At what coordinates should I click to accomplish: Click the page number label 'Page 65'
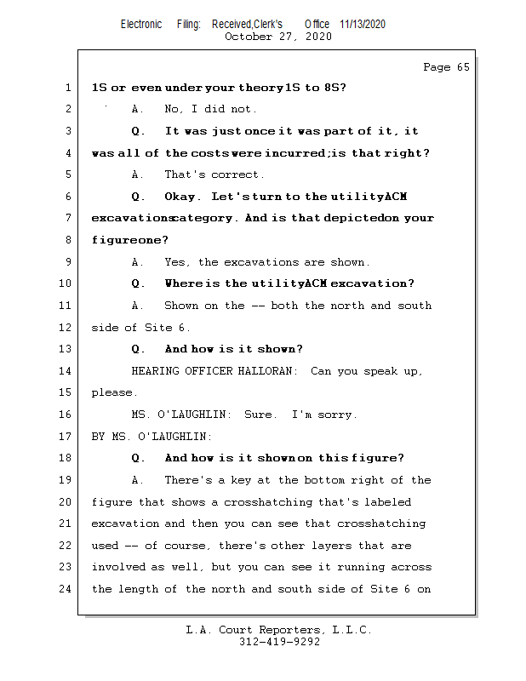pos(446,67)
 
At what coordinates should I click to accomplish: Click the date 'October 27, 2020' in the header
pos(278,37)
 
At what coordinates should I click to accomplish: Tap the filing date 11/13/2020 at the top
pos(362,24)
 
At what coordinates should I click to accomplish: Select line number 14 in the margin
pos(67,371)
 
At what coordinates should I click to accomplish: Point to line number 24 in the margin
pos(67,589)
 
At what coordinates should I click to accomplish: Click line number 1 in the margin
pos(67,88)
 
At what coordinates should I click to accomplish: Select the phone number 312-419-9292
pos(279,643)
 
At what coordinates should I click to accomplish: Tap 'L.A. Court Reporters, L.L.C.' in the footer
pos(279,630)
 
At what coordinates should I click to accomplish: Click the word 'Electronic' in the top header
pos(141,24)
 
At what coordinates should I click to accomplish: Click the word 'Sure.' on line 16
pos(260,415)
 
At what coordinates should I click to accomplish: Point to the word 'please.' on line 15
pos(113,393)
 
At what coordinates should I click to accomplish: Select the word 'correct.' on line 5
pos(239,175)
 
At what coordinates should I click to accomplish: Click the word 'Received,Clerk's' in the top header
pos(247,24)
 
